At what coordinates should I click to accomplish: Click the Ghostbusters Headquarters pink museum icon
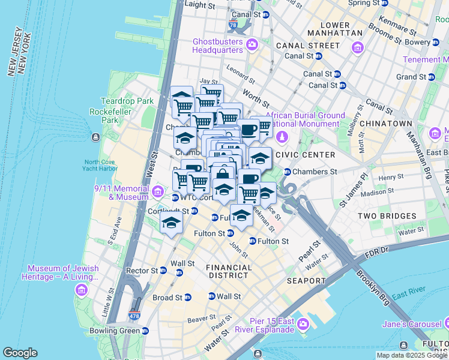click(252, 44)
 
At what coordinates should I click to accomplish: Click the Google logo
click(20, 353)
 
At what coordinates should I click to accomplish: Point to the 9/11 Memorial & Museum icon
click(158, 192)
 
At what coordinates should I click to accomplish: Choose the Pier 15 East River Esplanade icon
click(303, 324)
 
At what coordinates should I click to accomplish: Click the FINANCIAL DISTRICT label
click(229, 271)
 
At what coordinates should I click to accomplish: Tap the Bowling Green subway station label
click(121, 331)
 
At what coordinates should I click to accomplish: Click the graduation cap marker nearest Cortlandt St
click(172, 223)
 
